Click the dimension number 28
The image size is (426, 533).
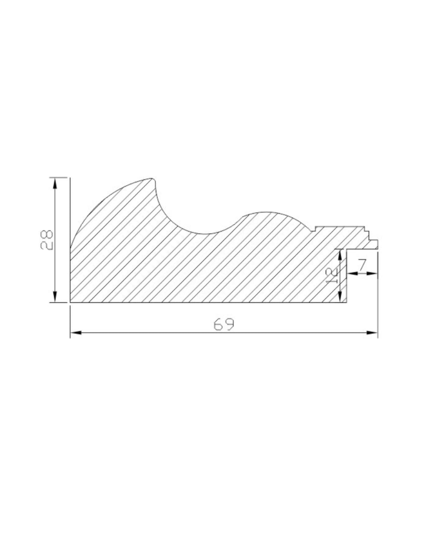[x=46, y=239]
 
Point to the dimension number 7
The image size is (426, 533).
[x=362, y=265]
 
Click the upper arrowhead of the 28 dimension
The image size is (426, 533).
[x=55, y=184]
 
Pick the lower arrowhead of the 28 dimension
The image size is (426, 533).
[x=55, y=296]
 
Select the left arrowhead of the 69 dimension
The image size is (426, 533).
[x=76, y=333]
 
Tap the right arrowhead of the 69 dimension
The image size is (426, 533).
[x=372, y=333]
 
